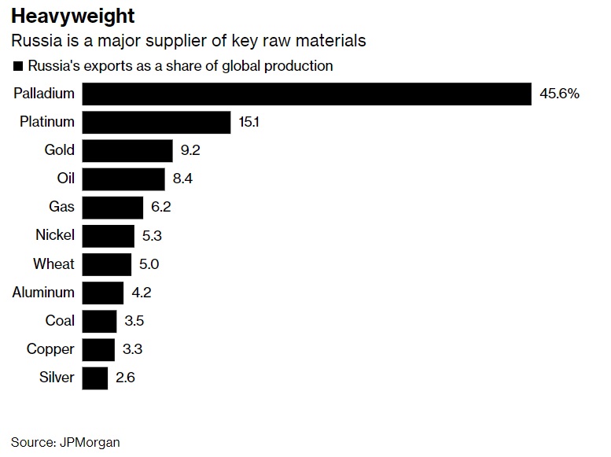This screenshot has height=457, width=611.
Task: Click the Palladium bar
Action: [x=307, y=94]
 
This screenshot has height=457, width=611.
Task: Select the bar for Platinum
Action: [x=156, y=122]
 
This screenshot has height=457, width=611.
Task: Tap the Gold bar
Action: [x=127, y=150]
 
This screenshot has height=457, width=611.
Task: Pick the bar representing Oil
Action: [x=123, y=179]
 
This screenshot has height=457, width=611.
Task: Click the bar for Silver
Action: [x=94, y=378]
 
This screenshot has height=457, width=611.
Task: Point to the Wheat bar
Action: [x=106, y=264]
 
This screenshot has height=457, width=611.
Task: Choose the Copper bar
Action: [x=98, y=349]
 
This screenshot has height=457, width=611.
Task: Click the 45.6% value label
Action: [x=559, y=94]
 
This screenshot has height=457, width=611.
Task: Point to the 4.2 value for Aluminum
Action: [x=141, y=293]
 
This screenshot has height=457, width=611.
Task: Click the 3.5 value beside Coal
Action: [x=134, y=321]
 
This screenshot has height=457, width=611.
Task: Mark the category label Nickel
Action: [x=55, y=235]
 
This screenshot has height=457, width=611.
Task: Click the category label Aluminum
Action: [x=44, y=293]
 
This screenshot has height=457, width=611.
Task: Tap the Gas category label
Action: [x=61, y=207]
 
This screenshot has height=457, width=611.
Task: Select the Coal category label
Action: [x=60, y=321]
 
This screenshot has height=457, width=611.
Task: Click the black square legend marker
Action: [x=17, y=66]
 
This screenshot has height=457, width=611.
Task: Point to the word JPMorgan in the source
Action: [x=90, y=442]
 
